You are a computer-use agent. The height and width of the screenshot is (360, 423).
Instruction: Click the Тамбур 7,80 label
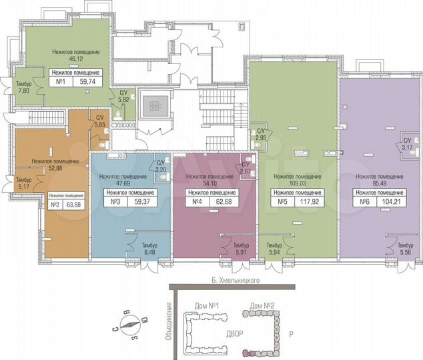pyautogui.click(x=24, y=87)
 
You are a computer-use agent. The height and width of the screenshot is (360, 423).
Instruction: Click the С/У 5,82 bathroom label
pyautogui.click(x=123, y=97)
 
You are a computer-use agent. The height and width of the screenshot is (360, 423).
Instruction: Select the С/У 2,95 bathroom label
pyautogui.click(x=262, y=134)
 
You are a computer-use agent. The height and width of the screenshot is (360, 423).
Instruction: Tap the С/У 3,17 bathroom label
pyautogui.click(x=406, y=144)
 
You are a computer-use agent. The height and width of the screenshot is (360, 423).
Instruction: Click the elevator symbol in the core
pyautogui.click(x=154, y=105)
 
